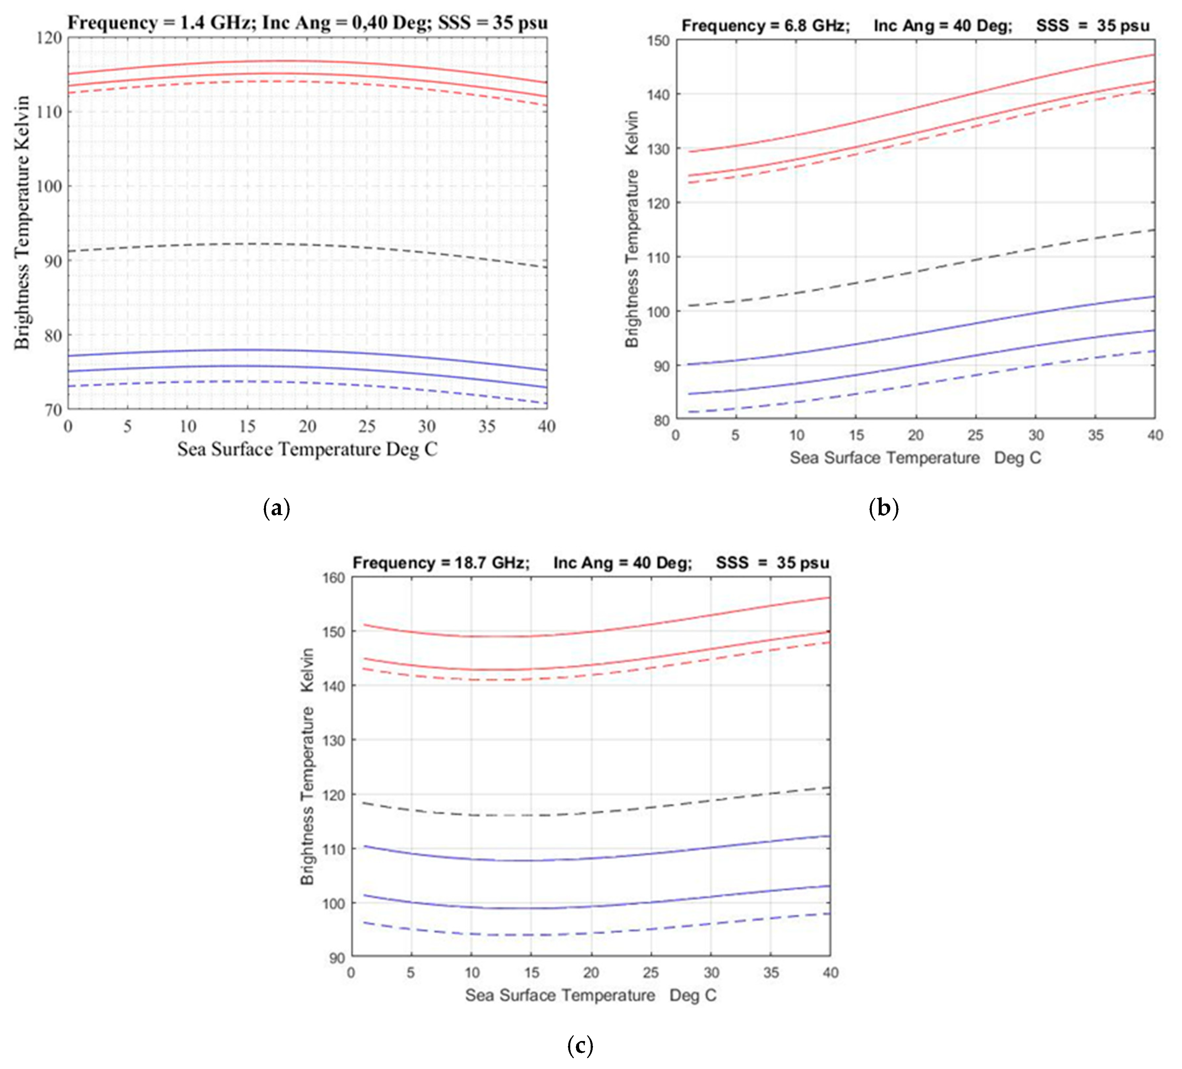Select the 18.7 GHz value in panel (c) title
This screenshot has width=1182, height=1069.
pyautogui.click(x=491, y=563)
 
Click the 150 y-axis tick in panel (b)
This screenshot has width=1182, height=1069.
pyautogui.click(x=658, y=41)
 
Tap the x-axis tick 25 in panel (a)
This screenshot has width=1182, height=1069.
pyautogui.click(x=367, y=426)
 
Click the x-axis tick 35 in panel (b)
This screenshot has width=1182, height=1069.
pyautogui.click(x=1095, y=435)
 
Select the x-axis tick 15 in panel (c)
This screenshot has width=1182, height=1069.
pyautogui.click(x=531, y=973)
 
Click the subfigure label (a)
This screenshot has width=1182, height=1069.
pyautogui.click(x=277, y=507)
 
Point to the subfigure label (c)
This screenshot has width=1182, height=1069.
pyautogui.click(x=580, y=1045)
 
